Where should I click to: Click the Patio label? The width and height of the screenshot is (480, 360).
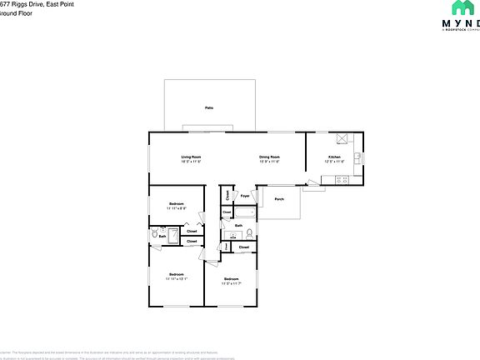(208, 108)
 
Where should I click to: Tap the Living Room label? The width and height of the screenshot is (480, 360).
(192, 157)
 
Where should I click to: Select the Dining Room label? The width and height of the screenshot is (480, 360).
(268, 157)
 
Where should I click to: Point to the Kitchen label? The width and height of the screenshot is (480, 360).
(333, 157)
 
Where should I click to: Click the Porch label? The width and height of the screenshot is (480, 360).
(279, 199)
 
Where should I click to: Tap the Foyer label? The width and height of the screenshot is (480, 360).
(245, 196)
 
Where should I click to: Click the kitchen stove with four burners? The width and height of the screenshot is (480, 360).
(338, 179)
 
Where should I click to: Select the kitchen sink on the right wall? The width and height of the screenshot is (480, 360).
(357, 157)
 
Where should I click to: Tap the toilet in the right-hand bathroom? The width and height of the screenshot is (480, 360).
(249, 233)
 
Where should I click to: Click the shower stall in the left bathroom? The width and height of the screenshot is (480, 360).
(172, 236)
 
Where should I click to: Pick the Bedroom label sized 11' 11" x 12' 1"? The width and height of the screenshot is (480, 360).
(176, 274)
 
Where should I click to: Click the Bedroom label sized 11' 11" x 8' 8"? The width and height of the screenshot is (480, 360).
(176, 204)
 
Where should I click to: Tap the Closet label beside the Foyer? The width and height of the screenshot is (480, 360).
(227, 196)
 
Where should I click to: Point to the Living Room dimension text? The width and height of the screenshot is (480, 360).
(192, 162)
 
